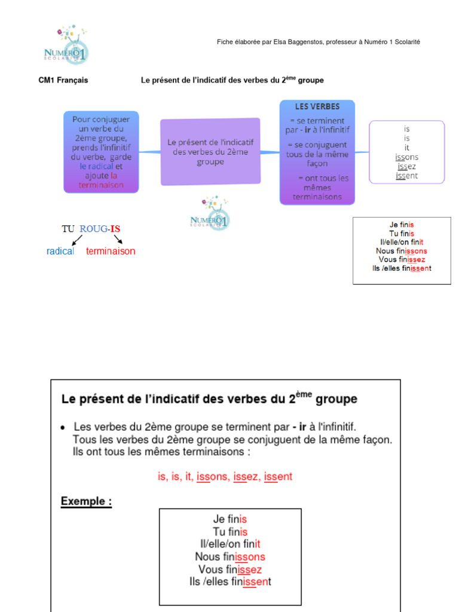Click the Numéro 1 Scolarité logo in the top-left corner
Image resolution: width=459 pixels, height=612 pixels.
[x=66, y=44]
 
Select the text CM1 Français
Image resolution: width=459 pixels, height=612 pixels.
[x=63, y=80]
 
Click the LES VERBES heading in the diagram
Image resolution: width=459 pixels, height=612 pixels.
[x=317, y=107]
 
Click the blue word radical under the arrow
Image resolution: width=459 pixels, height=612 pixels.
[x=60, y=252]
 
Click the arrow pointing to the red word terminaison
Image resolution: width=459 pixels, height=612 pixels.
[x=118, y=240]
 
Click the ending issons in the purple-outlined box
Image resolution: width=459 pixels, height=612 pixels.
[x=406, y=157]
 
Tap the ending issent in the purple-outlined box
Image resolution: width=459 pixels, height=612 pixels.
[x=406, y=176]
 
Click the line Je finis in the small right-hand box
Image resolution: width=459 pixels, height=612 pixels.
[x=402, y=225]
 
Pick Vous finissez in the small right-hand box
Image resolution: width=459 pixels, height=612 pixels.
[x=402, y=259]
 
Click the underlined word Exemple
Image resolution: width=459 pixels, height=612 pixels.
[x=86, y=501]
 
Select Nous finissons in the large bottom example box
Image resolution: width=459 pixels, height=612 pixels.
[x=230, y=557]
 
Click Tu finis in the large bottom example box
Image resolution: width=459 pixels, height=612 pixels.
[x=230, y=532]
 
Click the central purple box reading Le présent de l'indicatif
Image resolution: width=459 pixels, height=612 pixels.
[x=210, y=152]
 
